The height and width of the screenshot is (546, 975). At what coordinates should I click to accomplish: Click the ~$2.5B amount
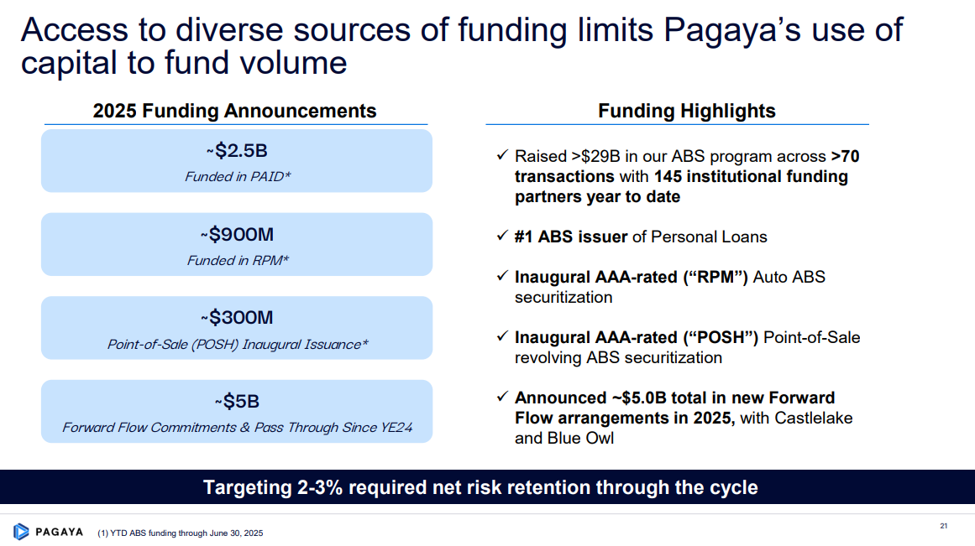click(x=237, y=150)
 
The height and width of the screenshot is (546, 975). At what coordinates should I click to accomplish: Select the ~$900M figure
click(x=237, y=234)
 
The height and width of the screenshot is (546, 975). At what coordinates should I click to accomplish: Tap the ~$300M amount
click(x=237, y=317)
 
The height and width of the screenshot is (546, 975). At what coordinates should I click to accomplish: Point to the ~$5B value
click(x=237, y=401)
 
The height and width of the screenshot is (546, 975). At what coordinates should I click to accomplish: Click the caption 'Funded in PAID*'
click(x=238, y=176)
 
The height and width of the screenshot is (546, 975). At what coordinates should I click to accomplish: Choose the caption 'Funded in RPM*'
click(x=238, y=260)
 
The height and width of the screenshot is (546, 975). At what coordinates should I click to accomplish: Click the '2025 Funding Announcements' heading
click(x=234, y=111)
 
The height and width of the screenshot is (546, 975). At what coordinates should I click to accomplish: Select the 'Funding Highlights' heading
click(x=686, y=111)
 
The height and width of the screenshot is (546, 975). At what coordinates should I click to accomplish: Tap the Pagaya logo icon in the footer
click(x=21, y=532)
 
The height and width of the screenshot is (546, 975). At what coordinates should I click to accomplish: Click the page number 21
click(x=943, y=526)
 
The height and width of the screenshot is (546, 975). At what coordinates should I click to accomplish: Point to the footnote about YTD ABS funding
click(x=181, y=533)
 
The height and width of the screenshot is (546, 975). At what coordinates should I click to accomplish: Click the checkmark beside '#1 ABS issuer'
click(x=502, y=236)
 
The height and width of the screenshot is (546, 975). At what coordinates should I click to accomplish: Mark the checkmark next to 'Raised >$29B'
click(x=502, y=154)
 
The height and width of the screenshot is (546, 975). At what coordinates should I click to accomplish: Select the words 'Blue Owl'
click(x=580, y=438)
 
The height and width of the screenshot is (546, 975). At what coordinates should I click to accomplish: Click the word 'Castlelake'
click(x=813, y=418)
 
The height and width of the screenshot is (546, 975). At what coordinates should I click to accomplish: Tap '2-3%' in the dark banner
click(x=320, y=487)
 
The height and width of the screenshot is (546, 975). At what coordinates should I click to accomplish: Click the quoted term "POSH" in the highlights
click(x=721, y=337)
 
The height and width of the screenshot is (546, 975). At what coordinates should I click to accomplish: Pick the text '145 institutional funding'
click(x=751, y=176)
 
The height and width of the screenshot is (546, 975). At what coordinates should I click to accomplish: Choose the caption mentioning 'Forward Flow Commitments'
click(x=237, y=428)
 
